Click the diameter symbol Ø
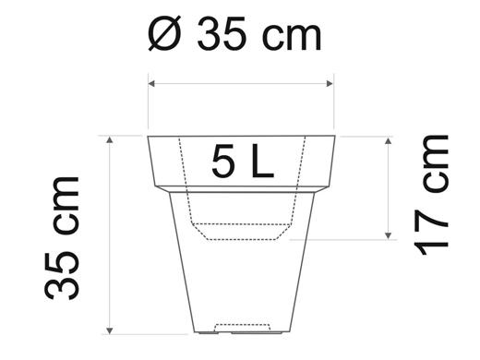point(164,34)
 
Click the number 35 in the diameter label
point(222,33)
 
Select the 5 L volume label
point(243,162)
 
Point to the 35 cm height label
point(62,238)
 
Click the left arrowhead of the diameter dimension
point(151,83)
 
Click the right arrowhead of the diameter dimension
point(330,83)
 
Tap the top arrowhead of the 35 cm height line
point(109,140)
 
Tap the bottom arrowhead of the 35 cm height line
point(109,331)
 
